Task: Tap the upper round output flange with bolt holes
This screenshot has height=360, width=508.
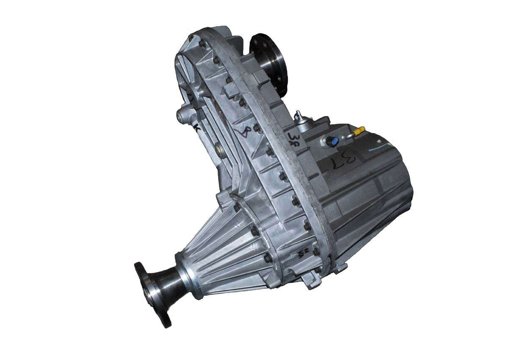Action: tap(269, 59)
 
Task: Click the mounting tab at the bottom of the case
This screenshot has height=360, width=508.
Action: tap(312, 281)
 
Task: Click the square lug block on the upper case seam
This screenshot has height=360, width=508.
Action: tap(231, 89)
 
